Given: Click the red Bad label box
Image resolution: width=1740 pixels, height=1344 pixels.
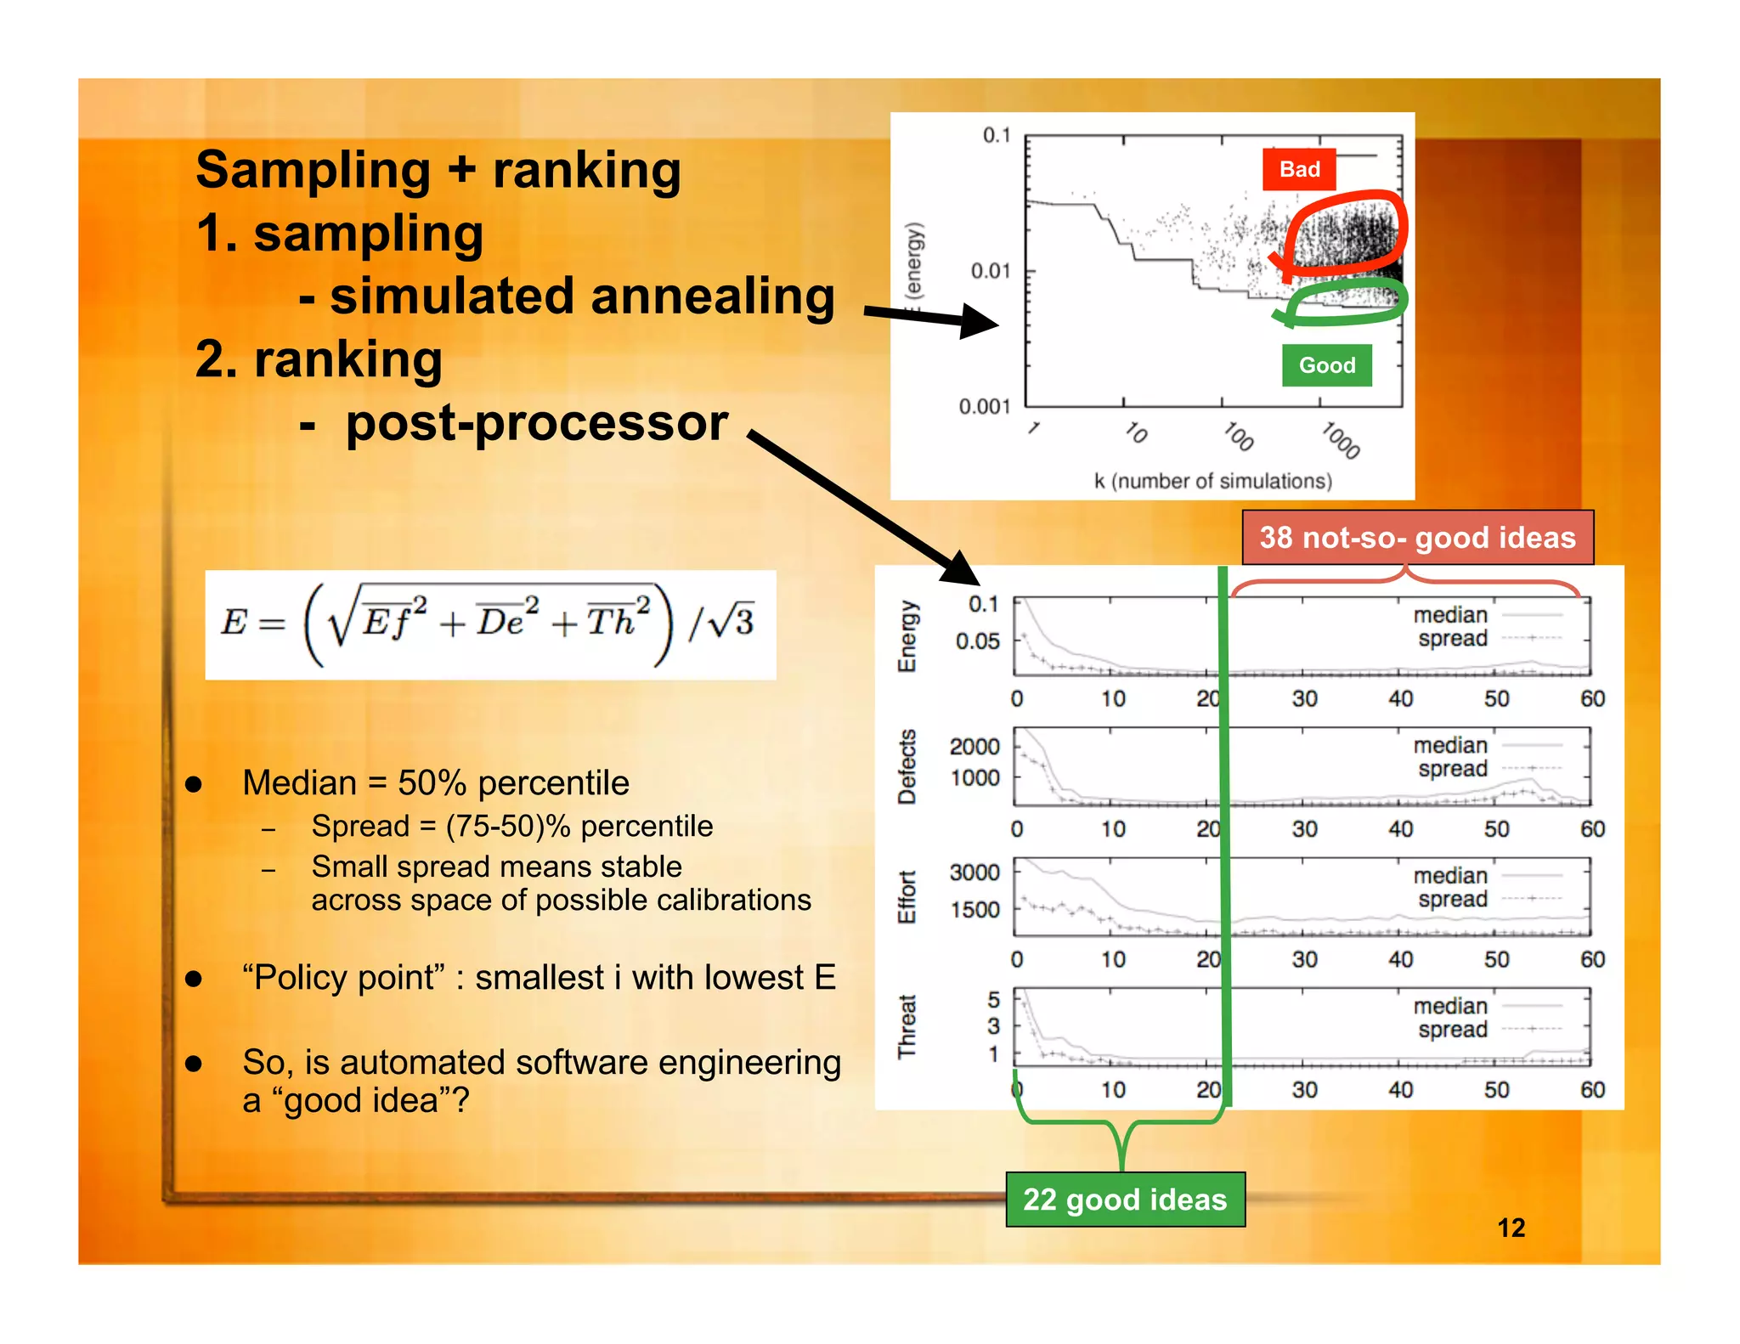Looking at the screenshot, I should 1298,169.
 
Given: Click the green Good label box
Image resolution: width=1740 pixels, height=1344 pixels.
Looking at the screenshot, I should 1326,365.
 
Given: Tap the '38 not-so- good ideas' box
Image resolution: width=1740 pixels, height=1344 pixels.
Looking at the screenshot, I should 1417,538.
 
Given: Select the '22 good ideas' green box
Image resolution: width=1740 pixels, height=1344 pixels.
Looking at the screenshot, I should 1125,1200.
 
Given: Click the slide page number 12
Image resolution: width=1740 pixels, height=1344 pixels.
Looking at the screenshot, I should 1511,1228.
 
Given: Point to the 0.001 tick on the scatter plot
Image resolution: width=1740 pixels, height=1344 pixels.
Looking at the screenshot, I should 985,406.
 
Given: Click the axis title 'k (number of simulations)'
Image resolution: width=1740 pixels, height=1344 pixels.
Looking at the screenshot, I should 1212,481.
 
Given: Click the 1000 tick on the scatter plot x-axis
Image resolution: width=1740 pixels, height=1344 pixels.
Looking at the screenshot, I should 1341,440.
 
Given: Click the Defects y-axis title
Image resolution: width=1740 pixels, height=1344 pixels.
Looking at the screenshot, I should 907,766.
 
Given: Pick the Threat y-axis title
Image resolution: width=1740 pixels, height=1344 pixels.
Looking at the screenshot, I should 907,1026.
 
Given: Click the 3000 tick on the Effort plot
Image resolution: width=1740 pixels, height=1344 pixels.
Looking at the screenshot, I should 975,872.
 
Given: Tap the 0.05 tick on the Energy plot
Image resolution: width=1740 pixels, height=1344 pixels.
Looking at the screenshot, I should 977,641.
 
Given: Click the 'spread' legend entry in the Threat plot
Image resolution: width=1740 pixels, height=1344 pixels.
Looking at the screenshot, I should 1452,1030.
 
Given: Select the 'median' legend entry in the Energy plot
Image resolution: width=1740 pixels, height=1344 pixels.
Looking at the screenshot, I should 1450,615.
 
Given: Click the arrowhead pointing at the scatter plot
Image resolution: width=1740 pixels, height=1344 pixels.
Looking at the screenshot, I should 979,321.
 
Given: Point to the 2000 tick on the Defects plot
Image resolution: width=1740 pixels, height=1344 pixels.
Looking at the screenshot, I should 975,747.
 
